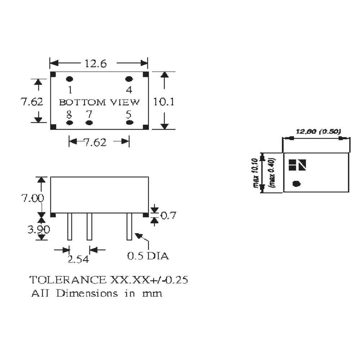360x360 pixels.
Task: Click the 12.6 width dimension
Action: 95,64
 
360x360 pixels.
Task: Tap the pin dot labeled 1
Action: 70,79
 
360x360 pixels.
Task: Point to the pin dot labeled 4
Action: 129,79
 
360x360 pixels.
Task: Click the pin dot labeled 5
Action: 129,123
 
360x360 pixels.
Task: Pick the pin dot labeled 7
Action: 89,123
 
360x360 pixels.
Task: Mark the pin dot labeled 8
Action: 70,123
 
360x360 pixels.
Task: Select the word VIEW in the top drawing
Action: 125,102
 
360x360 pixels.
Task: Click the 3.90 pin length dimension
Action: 39,229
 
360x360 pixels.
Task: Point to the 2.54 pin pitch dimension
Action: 78,259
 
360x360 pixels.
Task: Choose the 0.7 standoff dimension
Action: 167,216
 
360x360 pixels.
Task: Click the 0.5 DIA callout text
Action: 148,256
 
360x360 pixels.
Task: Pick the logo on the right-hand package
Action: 297,165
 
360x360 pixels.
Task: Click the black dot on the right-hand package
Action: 296,184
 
